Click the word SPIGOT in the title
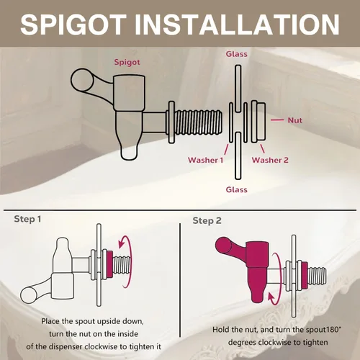coord(73,24)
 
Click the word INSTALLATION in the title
coord(237,24)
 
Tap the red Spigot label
coord(127,62)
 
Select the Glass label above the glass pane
coord(236,54)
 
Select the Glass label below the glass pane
coord(236,189)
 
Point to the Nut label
coord(294,120)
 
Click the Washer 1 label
coord(206,160)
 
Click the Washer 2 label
coord(270,160)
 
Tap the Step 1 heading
coord(27,219)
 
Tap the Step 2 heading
coord(207,221)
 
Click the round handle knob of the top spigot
coord(82,80)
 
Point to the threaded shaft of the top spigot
coord(198,122)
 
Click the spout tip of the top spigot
coord(129,152)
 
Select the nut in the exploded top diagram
coord(258,122)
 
